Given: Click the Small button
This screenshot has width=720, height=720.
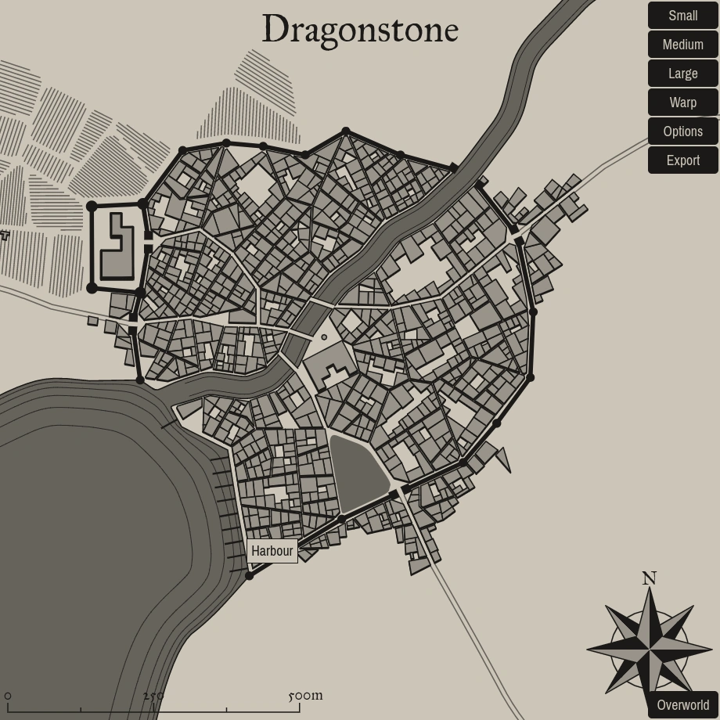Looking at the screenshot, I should point(682,16).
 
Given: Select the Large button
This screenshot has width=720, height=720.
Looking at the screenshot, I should point(682,74).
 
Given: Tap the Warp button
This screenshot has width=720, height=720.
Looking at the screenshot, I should point(682,103).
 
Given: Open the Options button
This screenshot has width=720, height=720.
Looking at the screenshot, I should point(682,131).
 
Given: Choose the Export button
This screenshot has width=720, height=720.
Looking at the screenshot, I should point(682,160).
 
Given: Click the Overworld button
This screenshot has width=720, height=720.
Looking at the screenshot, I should point(682,705).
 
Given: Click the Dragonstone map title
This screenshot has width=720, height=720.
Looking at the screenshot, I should point(360,30).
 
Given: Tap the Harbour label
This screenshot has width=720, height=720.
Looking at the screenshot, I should point(272,551).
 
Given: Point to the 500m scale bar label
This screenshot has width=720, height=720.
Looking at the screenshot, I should point(305,695).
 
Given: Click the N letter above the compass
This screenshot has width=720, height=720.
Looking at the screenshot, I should point(649,578).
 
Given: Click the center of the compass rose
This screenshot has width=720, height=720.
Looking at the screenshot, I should point(650,649).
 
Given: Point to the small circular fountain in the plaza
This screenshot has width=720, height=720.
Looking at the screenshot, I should point(324,337).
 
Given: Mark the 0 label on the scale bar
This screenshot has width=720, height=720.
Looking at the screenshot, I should point(8,696).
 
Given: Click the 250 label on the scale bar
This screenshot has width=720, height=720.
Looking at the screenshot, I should point(153,696).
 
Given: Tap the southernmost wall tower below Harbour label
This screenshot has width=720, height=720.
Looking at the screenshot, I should point(249,576).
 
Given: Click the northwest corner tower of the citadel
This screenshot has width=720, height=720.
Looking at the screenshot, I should point(92,207).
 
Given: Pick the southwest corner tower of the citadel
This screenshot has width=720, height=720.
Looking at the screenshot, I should point(92,288).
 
